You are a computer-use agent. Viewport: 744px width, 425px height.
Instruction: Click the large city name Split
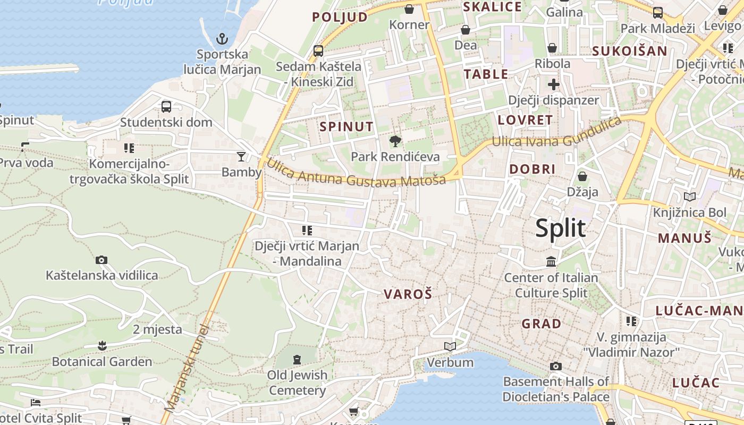pyautogui.click(x=560, y=228)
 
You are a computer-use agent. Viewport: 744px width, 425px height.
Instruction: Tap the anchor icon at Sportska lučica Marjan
pyautogui.click(x=222, y=38)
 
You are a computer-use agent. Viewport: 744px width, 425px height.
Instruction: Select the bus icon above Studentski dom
pyautogui.click(x=166, y=106)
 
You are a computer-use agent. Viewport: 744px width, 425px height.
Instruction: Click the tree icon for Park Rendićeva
pyautogui.click(x=395, y=141)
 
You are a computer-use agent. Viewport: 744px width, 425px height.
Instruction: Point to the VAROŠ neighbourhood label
pyautogui.click(x=408, y=294)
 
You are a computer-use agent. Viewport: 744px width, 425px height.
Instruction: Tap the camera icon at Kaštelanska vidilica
pyautogui.click(x=102, y=260)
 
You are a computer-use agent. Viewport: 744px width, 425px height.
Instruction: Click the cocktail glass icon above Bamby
pyautogui.click(x=241, y=156)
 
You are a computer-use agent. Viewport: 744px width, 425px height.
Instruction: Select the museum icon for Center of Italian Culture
pyautogui.click(x=551, y=261)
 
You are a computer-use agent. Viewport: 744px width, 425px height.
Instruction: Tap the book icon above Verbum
pyautogui.click(x=450, y=347)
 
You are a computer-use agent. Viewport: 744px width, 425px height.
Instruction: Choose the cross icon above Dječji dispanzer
pyautogui.click(x=554, y=84)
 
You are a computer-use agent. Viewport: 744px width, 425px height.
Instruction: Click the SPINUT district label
pyautogui.click(x=347, y=126)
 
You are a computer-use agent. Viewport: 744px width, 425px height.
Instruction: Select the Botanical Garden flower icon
pyautogui.click(x=102, y=346)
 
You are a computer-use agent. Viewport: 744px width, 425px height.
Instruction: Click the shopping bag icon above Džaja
pyautogui.click(x=582, y=176)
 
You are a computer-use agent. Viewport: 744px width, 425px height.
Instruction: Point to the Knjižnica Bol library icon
pyautogui.click(x=690, y=197)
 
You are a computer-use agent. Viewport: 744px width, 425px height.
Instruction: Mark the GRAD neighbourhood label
pyautogui.click(x=541, y=324)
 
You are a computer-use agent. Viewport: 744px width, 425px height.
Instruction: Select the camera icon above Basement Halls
pyautogui.click(x=556, y=366)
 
